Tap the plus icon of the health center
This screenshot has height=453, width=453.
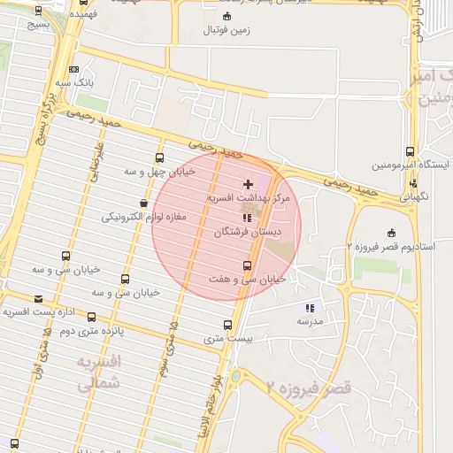pyautogui.click(x=247, y=184)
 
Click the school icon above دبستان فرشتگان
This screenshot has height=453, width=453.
pyautogui.click(x=247, y=217)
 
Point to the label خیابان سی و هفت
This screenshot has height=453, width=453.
pyautogui.click(x=247, y=279)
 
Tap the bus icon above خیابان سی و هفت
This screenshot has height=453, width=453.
pyautogui.click(x=247, y=265)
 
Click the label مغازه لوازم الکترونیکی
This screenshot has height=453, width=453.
pyautogui.click(x=143, y=217)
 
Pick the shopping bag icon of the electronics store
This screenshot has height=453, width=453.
pyautogui.click(x=143, y=203)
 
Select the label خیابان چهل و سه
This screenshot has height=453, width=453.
pyautogui.click(x=152, y=172)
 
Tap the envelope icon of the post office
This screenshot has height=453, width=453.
pyautogui.click(x=38, y=299)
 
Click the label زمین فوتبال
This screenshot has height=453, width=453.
pyautogui.click(x=227, y=30)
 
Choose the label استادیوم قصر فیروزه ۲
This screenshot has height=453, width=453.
pyautogui.click(x=390, y=246)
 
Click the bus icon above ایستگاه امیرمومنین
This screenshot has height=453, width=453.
pyautogui.click(x=410, y=152)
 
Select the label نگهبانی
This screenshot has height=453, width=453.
pyautogui.click(x=413, y=196)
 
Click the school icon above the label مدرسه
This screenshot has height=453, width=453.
pyautogui.click(x=309, y=308)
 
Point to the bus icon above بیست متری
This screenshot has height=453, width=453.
pyautogui.click(x=228, y=325)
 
